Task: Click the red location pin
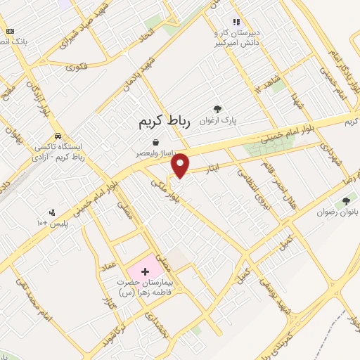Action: point(181,165)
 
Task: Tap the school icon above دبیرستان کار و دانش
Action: point(237,22)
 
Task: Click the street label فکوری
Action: point(76,67)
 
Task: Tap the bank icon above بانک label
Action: point(10,31)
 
